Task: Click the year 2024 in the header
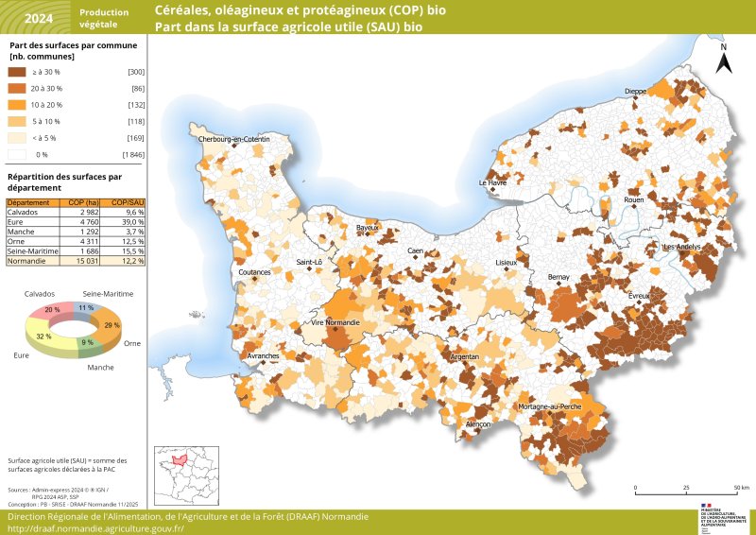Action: pos(39,18)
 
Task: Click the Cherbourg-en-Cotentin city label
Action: pos(233,140)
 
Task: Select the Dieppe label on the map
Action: pos(635,92)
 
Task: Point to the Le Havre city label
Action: pos(492,183)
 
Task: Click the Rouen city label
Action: pos(633,200)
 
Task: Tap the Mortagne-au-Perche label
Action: pos(549,406)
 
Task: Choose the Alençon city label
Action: pos(478,425)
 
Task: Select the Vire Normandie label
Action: pos(335,323)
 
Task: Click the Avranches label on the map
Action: pos(262,356)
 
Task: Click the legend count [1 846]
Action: pos(131,153)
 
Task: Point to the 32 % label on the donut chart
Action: pos(43,337)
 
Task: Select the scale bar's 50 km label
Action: pos(742,488)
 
